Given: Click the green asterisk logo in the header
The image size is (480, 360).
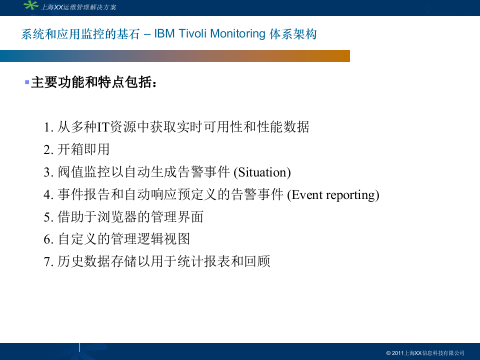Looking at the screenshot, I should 31,5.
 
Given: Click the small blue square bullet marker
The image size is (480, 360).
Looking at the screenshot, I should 27,81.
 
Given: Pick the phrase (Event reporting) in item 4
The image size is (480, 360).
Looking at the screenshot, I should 333,195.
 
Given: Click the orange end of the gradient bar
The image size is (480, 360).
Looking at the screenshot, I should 340,56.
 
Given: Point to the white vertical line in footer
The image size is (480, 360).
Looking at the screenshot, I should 79,347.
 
